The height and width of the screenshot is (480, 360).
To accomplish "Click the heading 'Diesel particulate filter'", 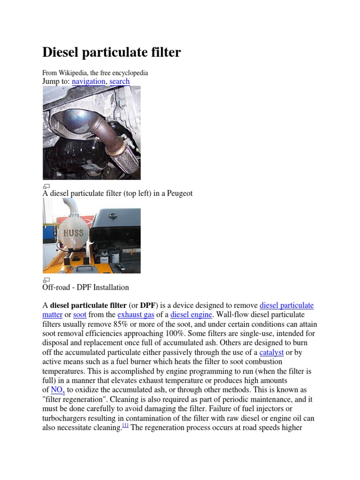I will pos(112,52).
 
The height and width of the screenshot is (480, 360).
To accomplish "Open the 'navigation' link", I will pos(89,81).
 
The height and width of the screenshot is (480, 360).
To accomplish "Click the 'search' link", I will pos(120,81).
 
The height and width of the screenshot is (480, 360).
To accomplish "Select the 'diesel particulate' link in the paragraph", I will pos(286,305).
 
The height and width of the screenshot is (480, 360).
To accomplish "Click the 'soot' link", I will pos(80,315).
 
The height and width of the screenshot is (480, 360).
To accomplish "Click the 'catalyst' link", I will pos(271,352).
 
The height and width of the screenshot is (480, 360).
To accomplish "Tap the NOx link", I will pos(58,390).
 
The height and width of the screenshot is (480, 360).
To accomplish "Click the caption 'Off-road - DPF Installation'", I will pos(86,287).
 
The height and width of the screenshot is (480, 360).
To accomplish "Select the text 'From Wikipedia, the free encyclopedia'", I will pos(95,73).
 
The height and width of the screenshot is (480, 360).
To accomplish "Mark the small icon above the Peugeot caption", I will pos(46,186).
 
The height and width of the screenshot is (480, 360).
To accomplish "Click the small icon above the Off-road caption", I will pos(46,280).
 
